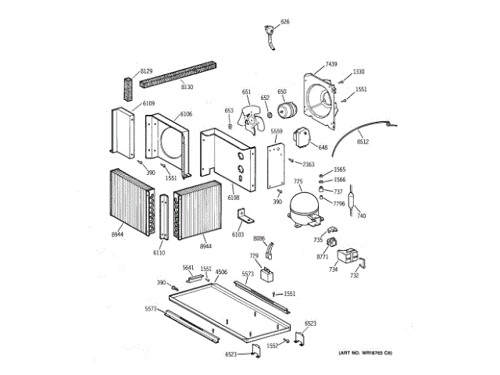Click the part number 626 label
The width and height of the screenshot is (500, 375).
pos(285,22)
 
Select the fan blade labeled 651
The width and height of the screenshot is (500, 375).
pos(252,121)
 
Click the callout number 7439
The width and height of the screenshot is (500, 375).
pos(331,63)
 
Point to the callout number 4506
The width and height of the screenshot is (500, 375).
pos(221,272)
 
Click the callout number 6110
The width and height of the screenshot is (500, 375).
pos(159,252)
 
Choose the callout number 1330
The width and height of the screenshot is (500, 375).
pos(359,72)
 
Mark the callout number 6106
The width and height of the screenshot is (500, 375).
pos(186,114)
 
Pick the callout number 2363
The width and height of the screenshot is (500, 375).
pos(309,164)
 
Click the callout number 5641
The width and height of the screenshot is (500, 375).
pos(188,268)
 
